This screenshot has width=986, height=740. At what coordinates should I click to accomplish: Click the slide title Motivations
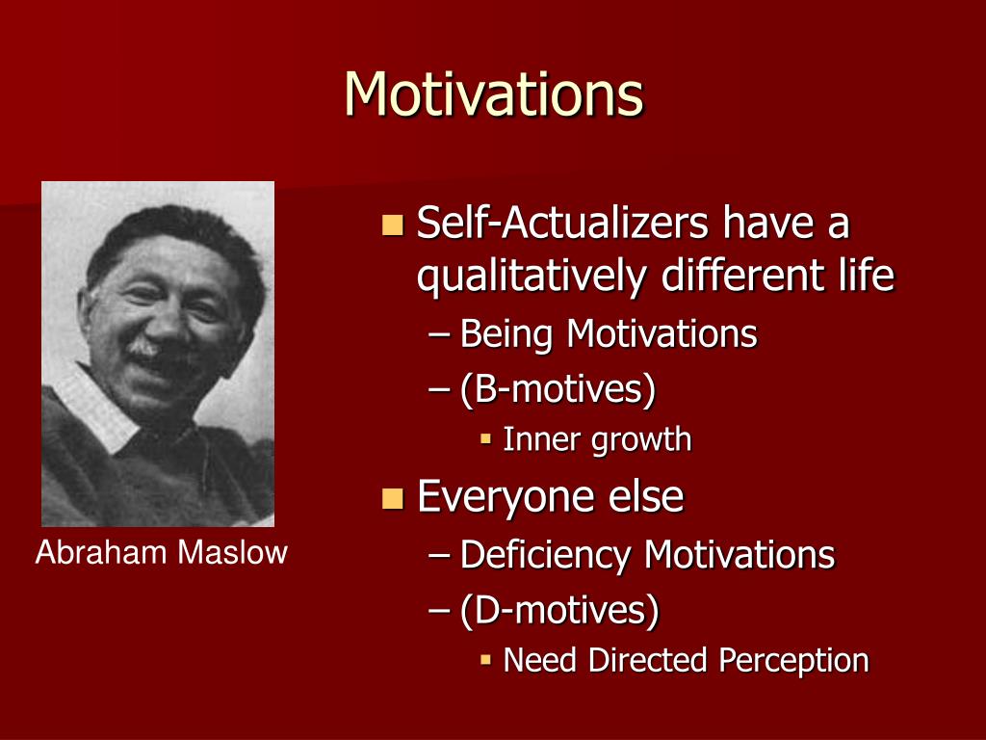[x=494, y=93]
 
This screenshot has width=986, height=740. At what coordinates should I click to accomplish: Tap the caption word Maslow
[x=232, y=552]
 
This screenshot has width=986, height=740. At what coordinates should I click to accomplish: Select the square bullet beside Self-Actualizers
[x=393, y=225]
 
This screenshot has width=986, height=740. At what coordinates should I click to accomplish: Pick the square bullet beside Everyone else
[x=393, y=498]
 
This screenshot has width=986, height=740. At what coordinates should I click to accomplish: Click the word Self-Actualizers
[x=562, y=223]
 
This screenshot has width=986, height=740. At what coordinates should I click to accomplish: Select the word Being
[x=506, y=333]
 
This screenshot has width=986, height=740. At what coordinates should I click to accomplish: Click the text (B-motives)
[x=558, y=389]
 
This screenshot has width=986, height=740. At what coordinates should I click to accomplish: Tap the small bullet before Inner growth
[x=485, y=438]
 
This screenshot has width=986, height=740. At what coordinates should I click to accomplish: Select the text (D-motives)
[x=559, y=610]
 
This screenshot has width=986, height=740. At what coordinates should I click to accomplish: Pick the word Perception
[x=793, y=661]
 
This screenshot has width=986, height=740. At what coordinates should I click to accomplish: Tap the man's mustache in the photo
[x=143, y=349]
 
